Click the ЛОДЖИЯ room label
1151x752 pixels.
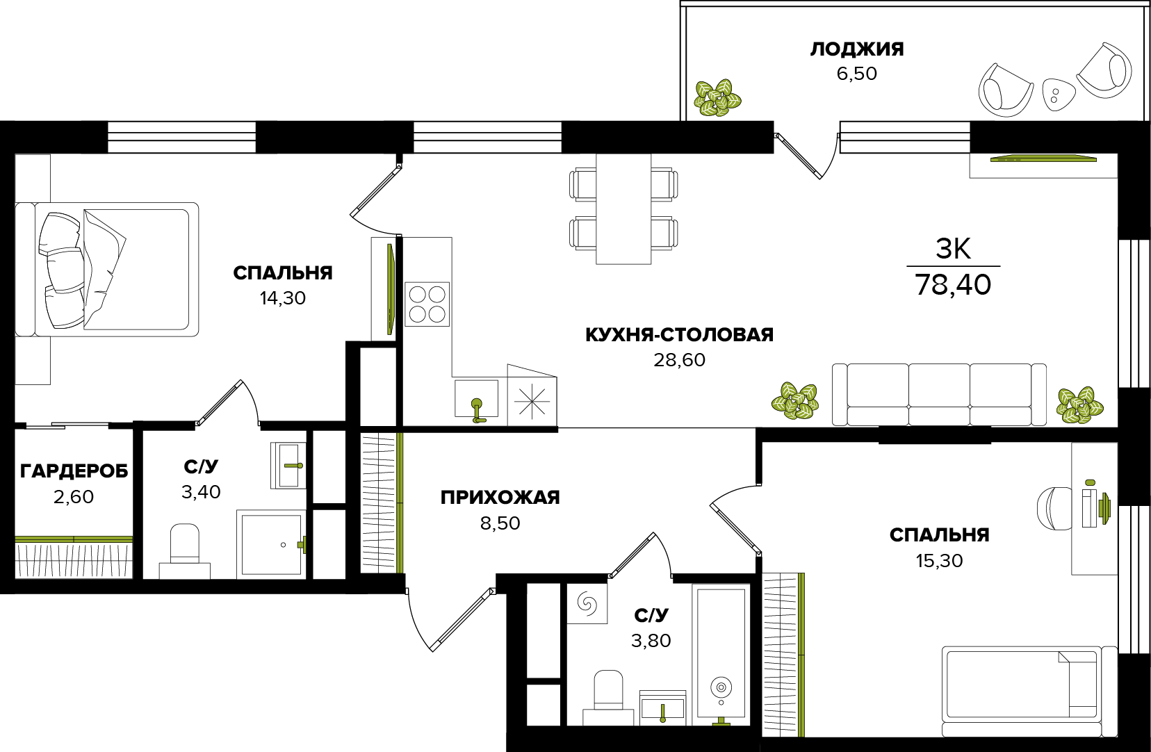pos(856,49)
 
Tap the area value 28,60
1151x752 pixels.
pos(679,360)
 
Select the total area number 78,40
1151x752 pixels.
pos(953,285)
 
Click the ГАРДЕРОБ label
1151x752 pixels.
pos(74,471)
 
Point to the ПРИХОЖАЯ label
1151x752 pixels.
pos(500,497)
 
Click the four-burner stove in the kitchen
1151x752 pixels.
pos(427,304)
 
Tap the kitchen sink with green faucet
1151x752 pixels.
pos(476,399)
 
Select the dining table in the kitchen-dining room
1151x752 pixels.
pos(623,209)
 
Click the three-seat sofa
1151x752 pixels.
pos(939,395)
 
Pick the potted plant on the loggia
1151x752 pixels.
pos(717,97)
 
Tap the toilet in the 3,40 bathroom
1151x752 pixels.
pos(184,550)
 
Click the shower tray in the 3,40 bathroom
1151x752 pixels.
pos(271,544)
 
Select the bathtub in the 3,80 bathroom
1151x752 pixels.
pos(721,654)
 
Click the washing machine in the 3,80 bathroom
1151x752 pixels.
pos(587,603)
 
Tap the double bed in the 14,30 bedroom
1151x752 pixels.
pos(107,269)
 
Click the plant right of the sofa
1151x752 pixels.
pos(1079,404)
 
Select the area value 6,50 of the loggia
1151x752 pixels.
pos(856,74)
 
